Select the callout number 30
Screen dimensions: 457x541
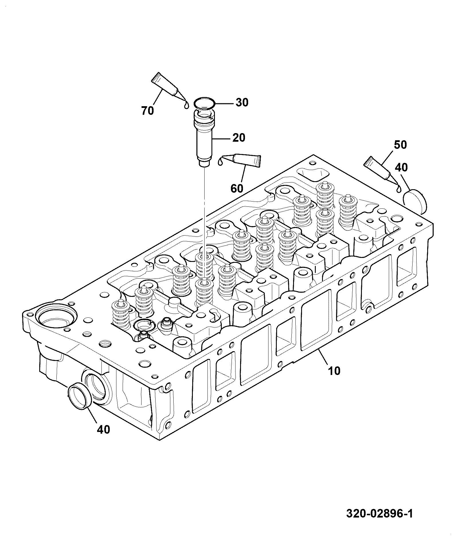[x=242, y=102]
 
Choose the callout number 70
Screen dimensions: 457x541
[x=148, y=110]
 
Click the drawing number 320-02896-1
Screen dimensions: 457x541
[x=380, y=514]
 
